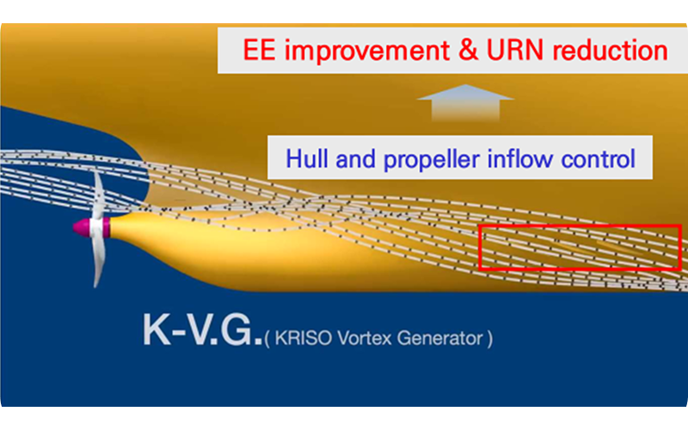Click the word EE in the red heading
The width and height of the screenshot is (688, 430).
[260, 50]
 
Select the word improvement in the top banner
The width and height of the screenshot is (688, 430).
[367, 51]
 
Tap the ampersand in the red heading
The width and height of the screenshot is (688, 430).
[468, 50]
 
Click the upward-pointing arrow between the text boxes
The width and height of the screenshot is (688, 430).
[465, 102]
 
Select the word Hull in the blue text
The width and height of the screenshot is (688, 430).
[307, 158]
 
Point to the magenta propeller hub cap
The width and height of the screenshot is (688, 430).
[83, 227]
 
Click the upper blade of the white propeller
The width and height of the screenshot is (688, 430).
[98, 195]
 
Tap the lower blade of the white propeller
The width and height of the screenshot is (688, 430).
[99, 261]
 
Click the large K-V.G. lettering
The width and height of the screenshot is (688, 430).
[202, 331]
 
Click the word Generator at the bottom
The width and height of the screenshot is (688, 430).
[439, 338]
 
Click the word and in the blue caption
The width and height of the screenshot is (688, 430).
[356, 158]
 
